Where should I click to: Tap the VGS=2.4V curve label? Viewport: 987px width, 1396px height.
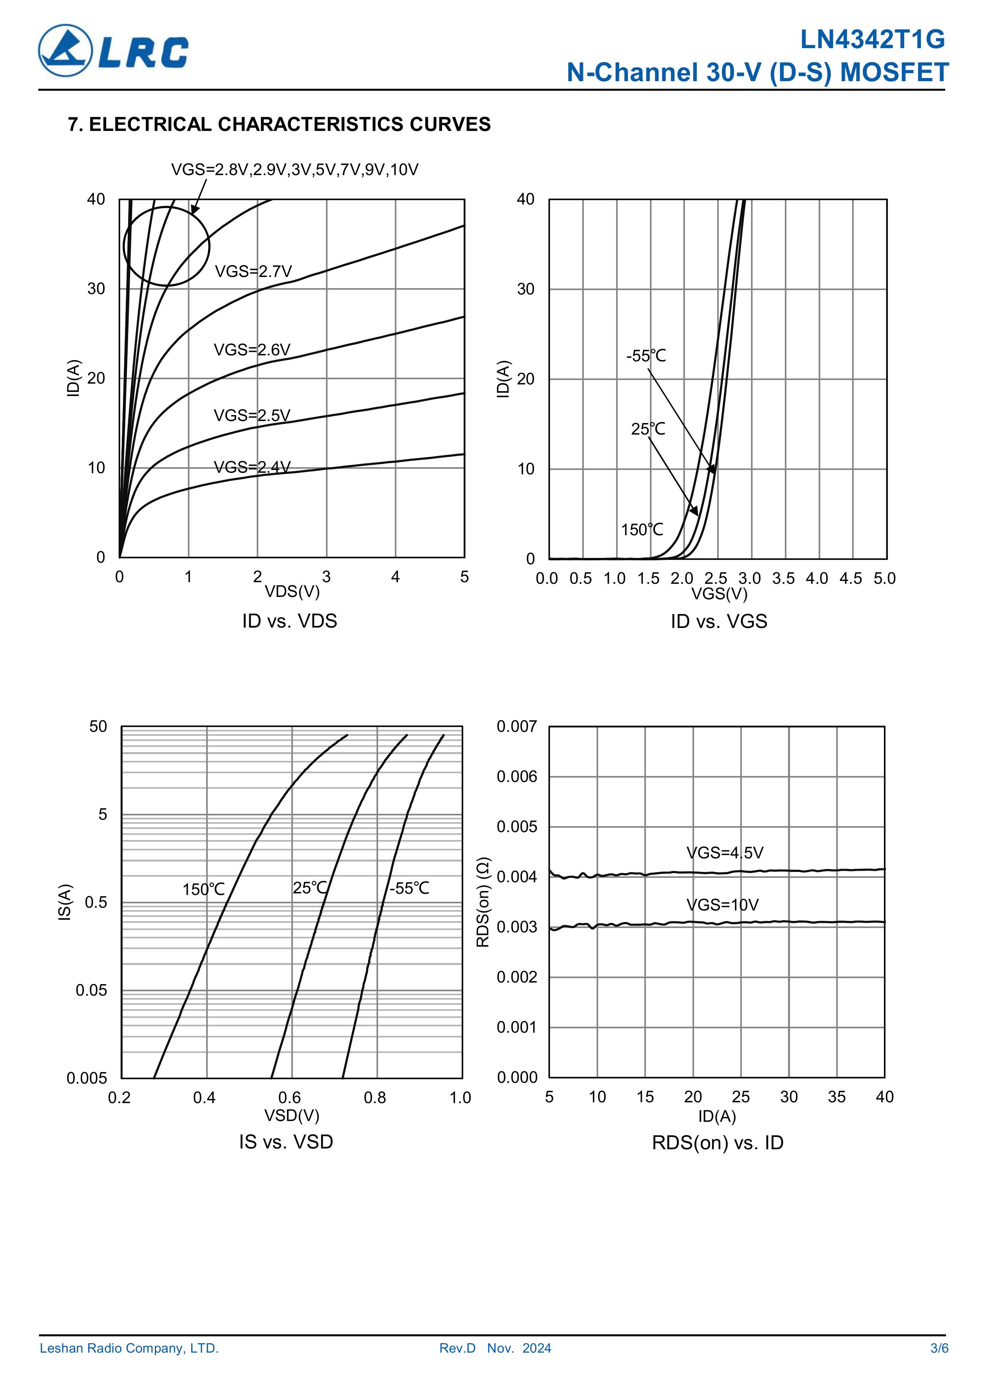coord(252,467)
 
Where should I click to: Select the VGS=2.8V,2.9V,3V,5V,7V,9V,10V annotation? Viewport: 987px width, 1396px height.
coord(295,170)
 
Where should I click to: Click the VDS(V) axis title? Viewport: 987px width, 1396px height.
coord(292,591)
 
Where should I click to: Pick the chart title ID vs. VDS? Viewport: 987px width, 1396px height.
coord(289,621)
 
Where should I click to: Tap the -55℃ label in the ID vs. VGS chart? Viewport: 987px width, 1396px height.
coord(646,356)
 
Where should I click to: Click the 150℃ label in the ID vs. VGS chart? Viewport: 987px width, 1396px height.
coord(642,530)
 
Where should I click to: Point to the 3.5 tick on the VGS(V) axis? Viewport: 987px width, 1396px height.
coord(783,578)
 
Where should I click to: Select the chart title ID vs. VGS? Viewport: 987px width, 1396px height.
coord(719,621)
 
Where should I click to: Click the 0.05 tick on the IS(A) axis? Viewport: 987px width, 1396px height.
coord(91,990)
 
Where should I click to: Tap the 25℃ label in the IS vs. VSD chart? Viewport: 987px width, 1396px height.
coord(310,888)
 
